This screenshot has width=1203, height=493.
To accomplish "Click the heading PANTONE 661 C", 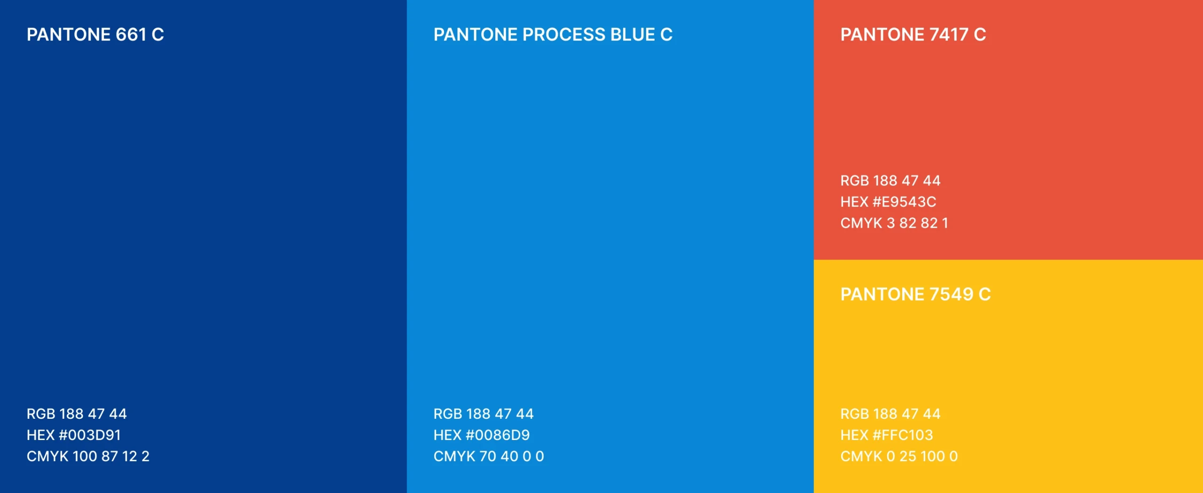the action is pyautogui.click(x=95, y=35).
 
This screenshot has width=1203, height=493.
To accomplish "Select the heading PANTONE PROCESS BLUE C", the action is pyautogui.click(x=553, y=35).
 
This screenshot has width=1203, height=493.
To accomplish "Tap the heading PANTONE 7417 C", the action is pyautogui.click(x=913, y=35).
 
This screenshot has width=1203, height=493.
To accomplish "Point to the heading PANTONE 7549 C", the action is pyautogui.click(x=915, y=294).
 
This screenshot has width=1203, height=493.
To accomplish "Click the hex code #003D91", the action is pyautogui.click(x=90, y=435).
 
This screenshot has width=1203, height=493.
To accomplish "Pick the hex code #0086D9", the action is pyautogui.click(x=498, y=435).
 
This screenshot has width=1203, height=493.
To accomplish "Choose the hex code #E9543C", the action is pyautogui.click(x=904, y=202).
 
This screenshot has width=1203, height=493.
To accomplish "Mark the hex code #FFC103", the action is pyautogui.click(x=903, y=435).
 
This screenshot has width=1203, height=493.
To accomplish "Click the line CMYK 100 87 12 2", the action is pyautogui.click(x=88, y=456).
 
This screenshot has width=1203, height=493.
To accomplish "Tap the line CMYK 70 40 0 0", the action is pyautogui.click(x=489, y=456).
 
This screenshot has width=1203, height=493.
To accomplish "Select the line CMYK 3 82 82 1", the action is pyautogui.click(x=894, y=223).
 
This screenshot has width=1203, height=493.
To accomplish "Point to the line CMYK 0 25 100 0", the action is pyautogui.click(x=899, y=456).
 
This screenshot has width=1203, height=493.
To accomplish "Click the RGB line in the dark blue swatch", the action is pyautogui.click(x=77, y=414).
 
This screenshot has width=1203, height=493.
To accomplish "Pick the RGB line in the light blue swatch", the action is pyautogui.click(x=484, y=414).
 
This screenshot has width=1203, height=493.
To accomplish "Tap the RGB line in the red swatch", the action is pyautogui.click(x=891, y=181).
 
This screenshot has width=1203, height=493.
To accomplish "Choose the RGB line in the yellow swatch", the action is pyautogui.click(x=891, y=414).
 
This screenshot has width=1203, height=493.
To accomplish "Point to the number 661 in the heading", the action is pyautogui.click(x=131, y=35).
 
